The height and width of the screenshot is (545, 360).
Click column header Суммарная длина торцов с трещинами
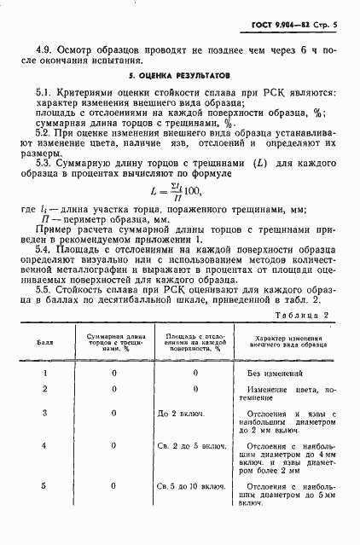[x=113, y=346]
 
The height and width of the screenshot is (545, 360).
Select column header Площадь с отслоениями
[x=194, y=345]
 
